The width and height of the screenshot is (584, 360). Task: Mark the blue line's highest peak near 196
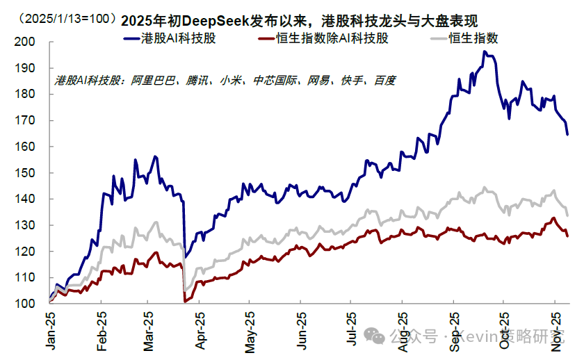pyautogui.click(x=484, y=51)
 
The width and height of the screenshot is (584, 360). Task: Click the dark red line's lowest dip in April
pyautogui.click(x=184, y=302)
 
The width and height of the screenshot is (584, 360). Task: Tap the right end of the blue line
pyautogui.click(x=567, y=134)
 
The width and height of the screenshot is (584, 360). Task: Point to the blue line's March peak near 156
pyautogui.click(x=155, y=156)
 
